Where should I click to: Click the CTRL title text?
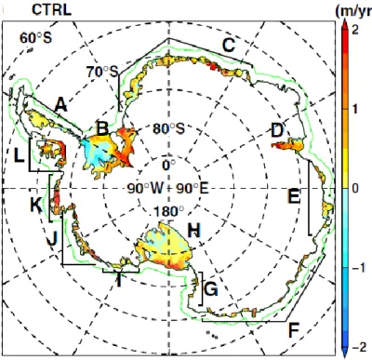coord(51,9)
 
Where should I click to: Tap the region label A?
coord(60,105)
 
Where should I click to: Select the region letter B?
coord(102,128)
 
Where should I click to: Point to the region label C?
coord(229,46)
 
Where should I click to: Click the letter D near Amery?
coord(277,130)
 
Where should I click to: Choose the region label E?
coord(294,196)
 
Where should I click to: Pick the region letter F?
coord(293,330)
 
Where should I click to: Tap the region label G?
coord(211,289)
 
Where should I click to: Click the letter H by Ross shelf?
coord(194,231)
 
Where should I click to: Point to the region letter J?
coord(53,239)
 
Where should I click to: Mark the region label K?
coord(36,205)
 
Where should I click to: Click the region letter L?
coord(19,156)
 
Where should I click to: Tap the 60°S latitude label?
coord(36,38)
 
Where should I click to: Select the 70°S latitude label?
coord(102,72)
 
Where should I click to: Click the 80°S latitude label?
coord(168,128)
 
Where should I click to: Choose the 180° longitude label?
coord(168,211)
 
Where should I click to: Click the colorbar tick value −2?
coord(360,348)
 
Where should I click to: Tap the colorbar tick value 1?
coord(355,109)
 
